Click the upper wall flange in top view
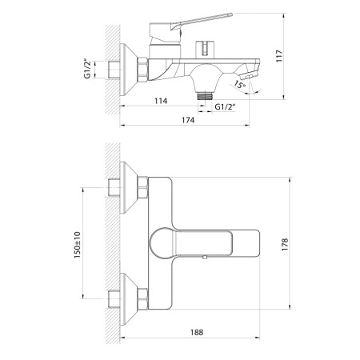(x=126, y=189)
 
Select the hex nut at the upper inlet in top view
(x=143, y=189)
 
